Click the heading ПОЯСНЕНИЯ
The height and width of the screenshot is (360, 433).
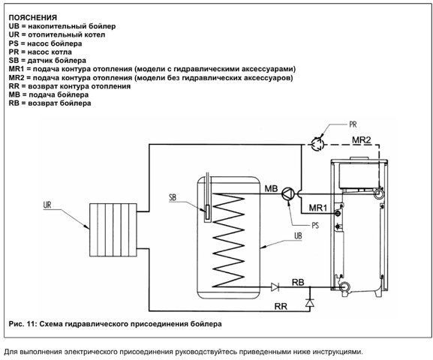pyautogui.click(x=33, y=18)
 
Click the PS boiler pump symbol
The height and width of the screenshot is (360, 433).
pyautogui.click(x=288, y=194)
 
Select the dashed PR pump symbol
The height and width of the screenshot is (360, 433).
pyautogui.click(x=317, y=144)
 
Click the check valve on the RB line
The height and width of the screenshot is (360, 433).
pyautogui.click(x=275, y=287)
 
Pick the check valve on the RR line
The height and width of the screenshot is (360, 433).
pyautogui.click(x=310, y=303)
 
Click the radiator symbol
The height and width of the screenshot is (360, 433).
pyautogui.click(x=113, y=230)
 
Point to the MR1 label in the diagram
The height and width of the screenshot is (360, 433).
pyautogui.click(x=318, y=208)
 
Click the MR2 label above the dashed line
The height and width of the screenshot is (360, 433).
pyautogui.click(x=361, y=140)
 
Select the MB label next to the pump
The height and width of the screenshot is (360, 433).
pyautogui.click(x=271, y=188)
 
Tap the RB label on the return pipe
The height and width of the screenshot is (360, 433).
pyautogui.click(x=298, y=282)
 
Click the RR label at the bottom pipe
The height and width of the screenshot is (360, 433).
pyautogui.click(x=281, y=306)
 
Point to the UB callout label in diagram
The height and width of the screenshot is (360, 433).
pyautogui.click(x=298, y=236)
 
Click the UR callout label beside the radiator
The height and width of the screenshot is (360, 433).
pyautogui.click(x=47, y=205)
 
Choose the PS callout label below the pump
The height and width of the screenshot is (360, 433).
pyautogui.click(x=315, y=225)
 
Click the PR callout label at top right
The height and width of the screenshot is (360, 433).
pyautogui.click(x=353, y=124)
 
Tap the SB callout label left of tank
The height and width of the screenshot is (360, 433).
pyautogui.click(x=173, y=197)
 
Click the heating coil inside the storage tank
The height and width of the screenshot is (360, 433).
pyautogui.click(x=229, y=240)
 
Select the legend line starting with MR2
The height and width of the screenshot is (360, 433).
pyautogui.click(x=151, y=78)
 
